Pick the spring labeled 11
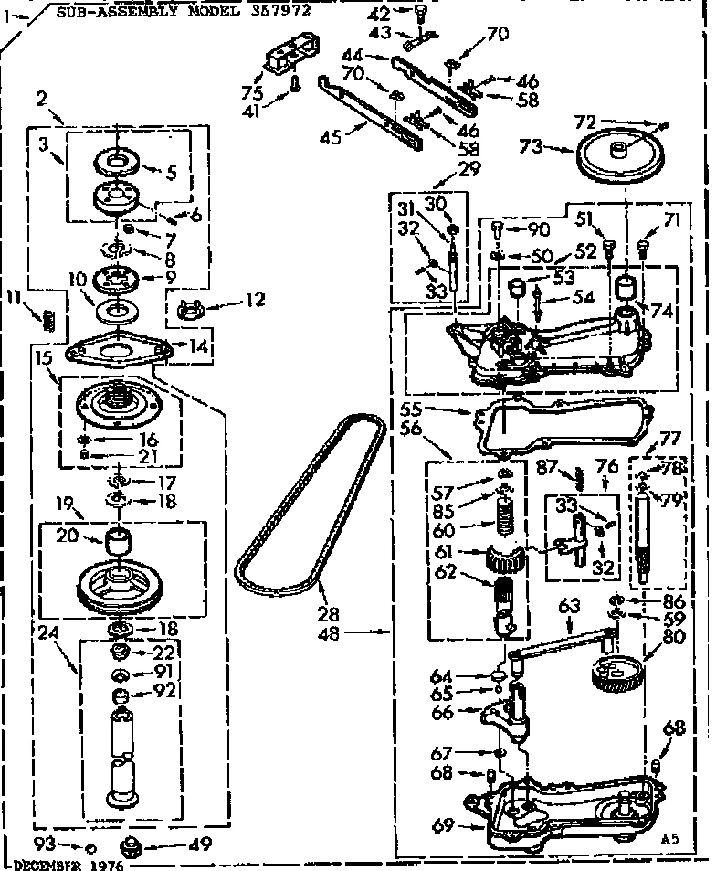tap(49, 319)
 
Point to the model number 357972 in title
tap(278, 11)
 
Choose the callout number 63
tap(569, 604)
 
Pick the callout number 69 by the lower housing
tap(441, 825)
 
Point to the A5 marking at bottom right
tap(672, 838)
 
